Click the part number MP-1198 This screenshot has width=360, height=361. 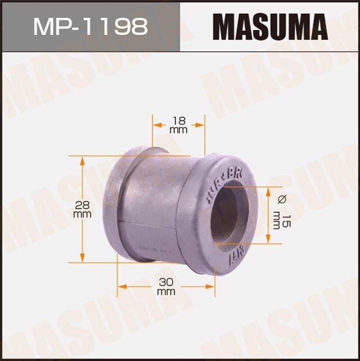(x=90, y=26)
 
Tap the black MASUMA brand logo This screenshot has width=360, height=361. (x=269, y=26)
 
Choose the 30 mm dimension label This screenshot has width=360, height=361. (x=166, y=286)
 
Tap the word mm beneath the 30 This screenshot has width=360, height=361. (x=166, y=292)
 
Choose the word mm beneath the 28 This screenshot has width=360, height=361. (x=83, y=215)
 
